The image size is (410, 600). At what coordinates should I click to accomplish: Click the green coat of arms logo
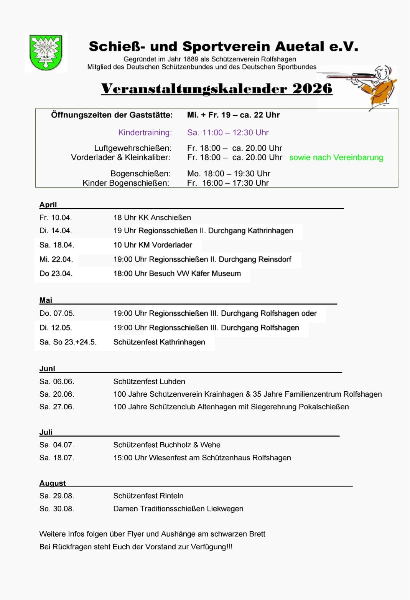point(46,53)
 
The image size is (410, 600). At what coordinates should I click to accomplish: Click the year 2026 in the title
point(312,89)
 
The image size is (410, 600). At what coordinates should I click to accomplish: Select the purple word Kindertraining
point(145,133)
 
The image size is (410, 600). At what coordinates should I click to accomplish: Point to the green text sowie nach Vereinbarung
point(336,158)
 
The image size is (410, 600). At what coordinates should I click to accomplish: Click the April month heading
point(48,204)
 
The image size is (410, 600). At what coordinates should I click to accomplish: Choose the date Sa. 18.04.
point(57,245)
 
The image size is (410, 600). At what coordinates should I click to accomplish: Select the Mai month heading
point(46,300)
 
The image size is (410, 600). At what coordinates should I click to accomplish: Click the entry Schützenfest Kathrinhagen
point(159,342)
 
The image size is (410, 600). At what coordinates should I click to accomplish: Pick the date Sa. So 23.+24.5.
point(68,342)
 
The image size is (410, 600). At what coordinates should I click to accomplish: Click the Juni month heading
point(47,368)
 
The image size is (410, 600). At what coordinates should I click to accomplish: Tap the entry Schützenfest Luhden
point(149,381)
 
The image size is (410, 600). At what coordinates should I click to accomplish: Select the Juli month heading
point(46,432)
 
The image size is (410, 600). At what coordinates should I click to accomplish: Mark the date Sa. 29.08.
point(57,496)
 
